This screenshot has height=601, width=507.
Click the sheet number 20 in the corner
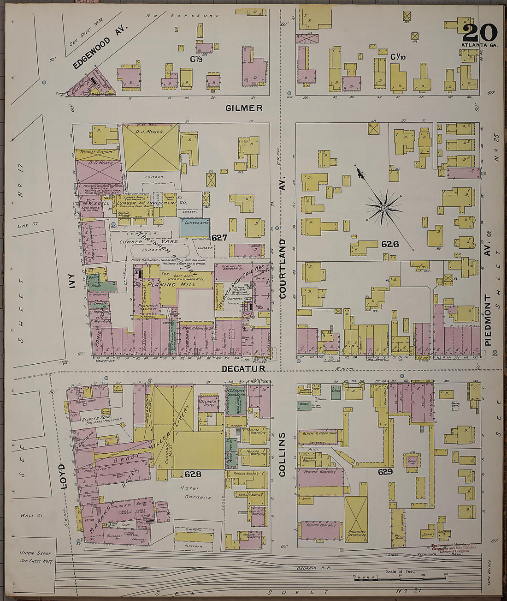[480, 32]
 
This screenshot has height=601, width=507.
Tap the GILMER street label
[244, 108]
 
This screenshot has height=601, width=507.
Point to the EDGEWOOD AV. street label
[99, 48]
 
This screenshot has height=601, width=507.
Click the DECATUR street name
[243, 368]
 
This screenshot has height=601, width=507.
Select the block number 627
[219, 238]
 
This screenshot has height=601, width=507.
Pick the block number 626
[389, 244]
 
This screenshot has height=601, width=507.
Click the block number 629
[385, 472]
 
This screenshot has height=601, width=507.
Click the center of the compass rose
[383, 209]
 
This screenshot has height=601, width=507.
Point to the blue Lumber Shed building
[194, 228]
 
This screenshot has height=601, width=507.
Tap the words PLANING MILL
[178, 284]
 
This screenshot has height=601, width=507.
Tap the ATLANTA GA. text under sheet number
[480, 45]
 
